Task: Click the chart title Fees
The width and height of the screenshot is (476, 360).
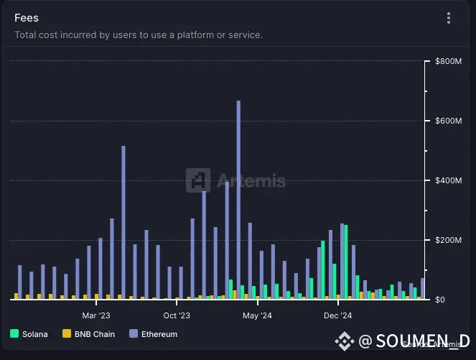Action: coord(27,17)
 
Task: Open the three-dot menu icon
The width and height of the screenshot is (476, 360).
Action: coord(449,18)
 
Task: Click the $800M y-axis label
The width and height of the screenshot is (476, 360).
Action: coord(448,62)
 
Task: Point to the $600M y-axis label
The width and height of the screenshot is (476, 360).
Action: coord(448,121)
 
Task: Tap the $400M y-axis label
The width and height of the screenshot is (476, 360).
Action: coord(448,180)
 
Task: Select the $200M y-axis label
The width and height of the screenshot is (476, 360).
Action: coord(448,240)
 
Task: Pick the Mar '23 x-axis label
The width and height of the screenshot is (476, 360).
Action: coord(95,315)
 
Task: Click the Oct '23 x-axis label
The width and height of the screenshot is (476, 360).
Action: coord(177,315)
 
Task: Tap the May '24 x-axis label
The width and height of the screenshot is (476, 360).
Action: coord(257,315)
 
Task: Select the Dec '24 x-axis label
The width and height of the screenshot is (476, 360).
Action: coord(337,315)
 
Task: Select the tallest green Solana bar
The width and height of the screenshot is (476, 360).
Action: coord(346,262)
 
